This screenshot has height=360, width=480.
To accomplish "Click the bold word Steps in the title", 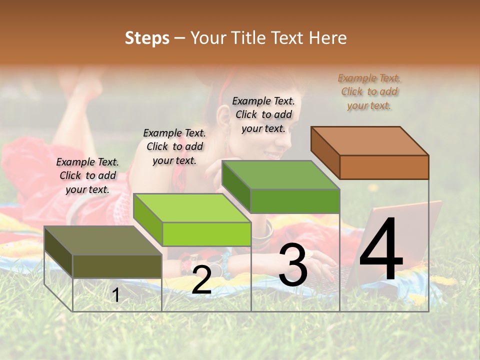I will point(147,38).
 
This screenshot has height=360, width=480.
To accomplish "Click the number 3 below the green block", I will point(293,265).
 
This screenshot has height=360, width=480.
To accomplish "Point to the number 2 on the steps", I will point(201,280).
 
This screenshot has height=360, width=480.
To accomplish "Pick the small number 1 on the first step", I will point(116,295).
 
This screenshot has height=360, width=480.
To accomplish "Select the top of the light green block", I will point(192,208).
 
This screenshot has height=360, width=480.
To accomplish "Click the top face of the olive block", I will point(103,240).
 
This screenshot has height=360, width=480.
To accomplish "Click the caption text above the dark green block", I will point(263,114).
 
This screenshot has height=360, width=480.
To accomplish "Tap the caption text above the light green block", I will point(174,146).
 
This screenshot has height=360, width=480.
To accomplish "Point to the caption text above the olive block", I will point(87,175).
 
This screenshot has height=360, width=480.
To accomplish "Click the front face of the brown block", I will point(384,167).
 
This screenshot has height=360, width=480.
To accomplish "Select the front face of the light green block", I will point(206,234).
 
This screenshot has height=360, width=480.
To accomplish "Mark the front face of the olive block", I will point(117,266).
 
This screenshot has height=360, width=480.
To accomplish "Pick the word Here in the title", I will point(327,38).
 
